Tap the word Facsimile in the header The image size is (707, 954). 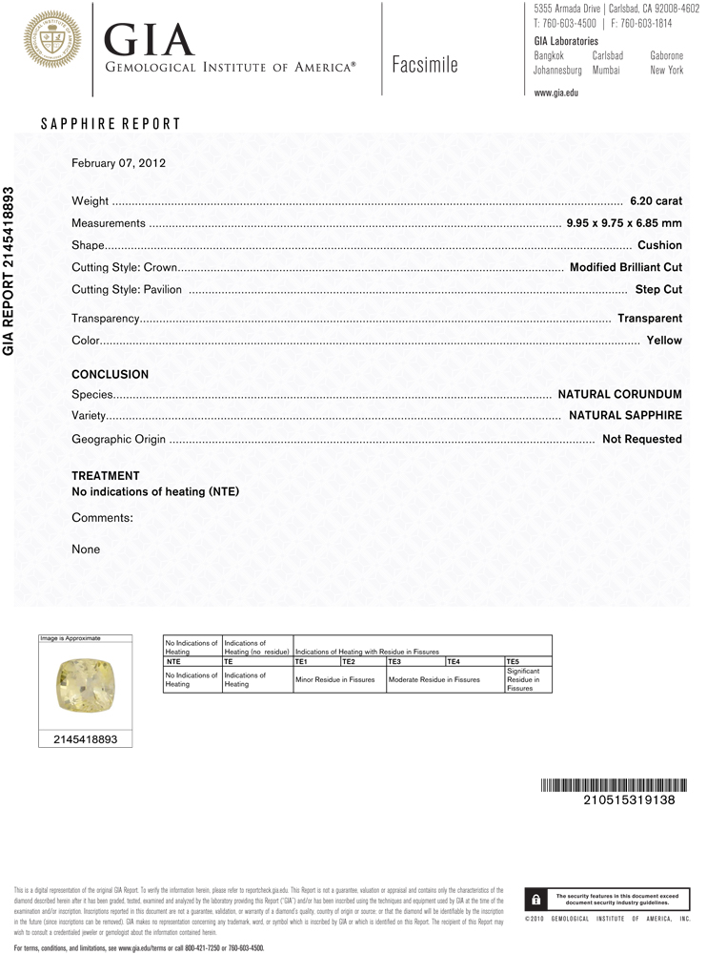pyautogui.click(x=425, y=65)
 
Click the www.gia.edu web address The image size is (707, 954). pyautogui.click(x=556, y=93)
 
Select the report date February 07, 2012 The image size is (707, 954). pyautogui.click(x=119, y=163)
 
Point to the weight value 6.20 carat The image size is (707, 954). pyautogui.click(x=656, y=201)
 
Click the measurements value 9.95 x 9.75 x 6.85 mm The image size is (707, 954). pyautogui.click(x=624, y=223)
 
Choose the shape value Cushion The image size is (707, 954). pyautogui.click(x=659, y=245)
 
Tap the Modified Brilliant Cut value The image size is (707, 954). pyautogui.click(x=625, y=267)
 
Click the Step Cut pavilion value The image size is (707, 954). pyautogui.click(x=658, y=289)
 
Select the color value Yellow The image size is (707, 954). pyautogui.click(x=664, y=340)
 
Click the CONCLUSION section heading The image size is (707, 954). pyautogui.click(x=111, y=375)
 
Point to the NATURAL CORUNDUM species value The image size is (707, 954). pyautogui.click(x=619, y=394)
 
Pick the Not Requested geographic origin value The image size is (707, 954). pyautogui.click(x=642, y=439)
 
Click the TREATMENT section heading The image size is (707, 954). pyautogui.click(x=106, y=475)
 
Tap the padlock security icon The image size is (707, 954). pyautogui.click(x=536, y=899)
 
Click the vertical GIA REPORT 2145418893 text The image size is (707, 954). pyautogui.click(x=9, y=272)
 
